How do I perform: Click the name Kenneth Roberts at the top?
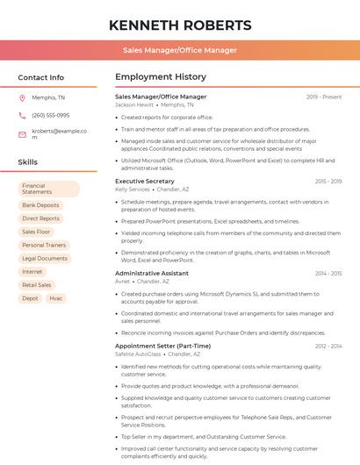coord(180,25)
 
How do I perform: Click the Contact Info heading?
coord(40,77)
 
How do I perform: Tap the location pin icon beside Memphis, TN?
coord(23,97)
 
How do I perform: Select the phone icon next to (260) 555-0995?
coord(23,115)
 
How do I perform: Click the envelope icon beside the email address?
coord(23,134)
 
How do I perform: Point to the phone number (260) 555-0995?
coord(50,115)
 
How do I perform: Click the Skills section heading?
coord(28,162)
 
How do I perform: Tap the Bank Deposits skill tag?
coord(40,205)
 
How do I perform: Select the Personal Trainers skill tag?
coord(44,245)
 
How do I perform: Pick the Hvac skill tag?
coord(56,298)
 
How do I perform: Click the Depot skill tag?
coord(30,298)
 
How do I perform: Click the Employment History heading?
coord(160,77)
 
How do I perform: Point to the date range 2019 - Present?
coord(324,97)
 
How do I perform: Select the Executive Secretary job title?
coord(145,181)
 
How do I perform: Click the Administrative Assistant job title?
coord(151,273)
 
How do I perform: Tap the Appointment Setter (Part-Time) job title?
coord(162,346)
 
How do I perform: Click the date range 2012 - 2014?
coord(328,346)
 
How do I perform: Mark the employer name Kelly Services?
coord(133,189)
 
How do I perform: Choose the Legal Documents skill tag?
coord(45,258)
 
